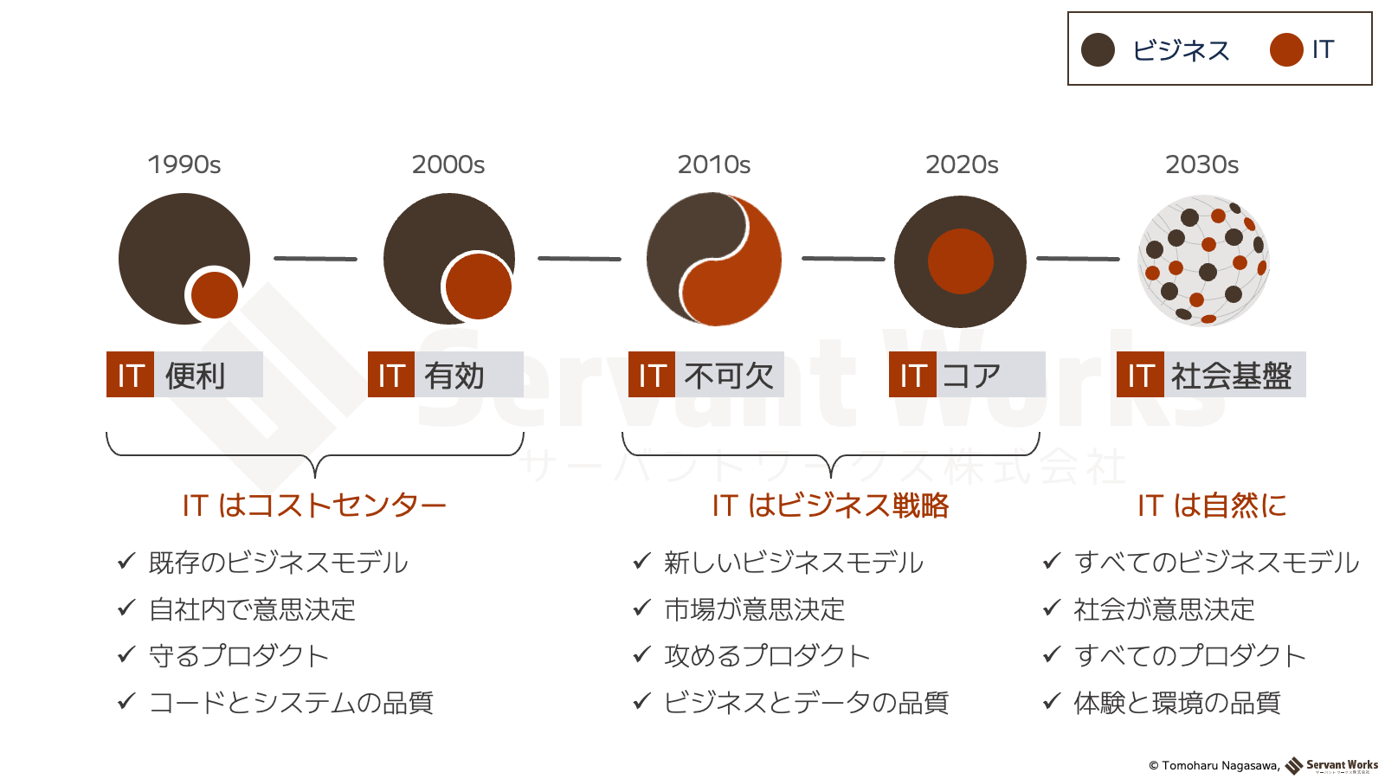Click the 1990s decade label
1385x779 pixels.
pos(184,164)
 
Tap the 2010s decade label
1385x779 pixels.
pos(713,164)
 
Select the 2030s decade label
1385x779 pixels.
pos(1202,164)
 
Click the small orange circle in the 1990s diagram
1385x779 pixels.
pos(215,295)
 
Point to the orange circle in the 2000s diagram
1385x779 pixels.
pos(479,286)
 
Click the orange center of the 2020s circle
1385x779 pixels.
pos(960,261)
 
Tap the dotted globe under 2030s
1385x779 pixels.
pos(1203,261)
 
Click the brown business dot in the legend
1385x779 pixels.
pos(1098,50)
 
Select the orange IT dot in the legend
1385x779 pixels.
pos(1286,50)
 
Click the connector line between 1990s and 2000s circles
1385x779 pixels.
pos(315,259)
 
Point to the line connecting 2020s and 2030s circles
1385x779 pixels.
pos(1078,259)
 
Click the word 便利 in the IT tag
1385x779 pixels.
pos(195,376)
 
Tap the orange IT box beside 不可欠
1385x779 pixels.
pos(652,374)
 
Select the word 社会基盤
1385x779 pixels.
pos(1231,376)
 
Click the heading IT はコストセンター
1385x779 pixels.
pos(314,505)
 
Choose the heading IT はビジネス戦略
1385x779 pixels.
pos(830,505)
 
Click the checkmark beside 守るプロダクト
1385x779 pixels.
pos(126,654)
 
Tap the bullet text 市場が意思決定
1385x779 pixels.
pos(754,609)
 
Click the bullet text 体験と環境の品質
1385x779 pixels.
pos(1176,703)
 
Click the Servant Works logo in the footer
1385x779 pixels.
pos(1331,766)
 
